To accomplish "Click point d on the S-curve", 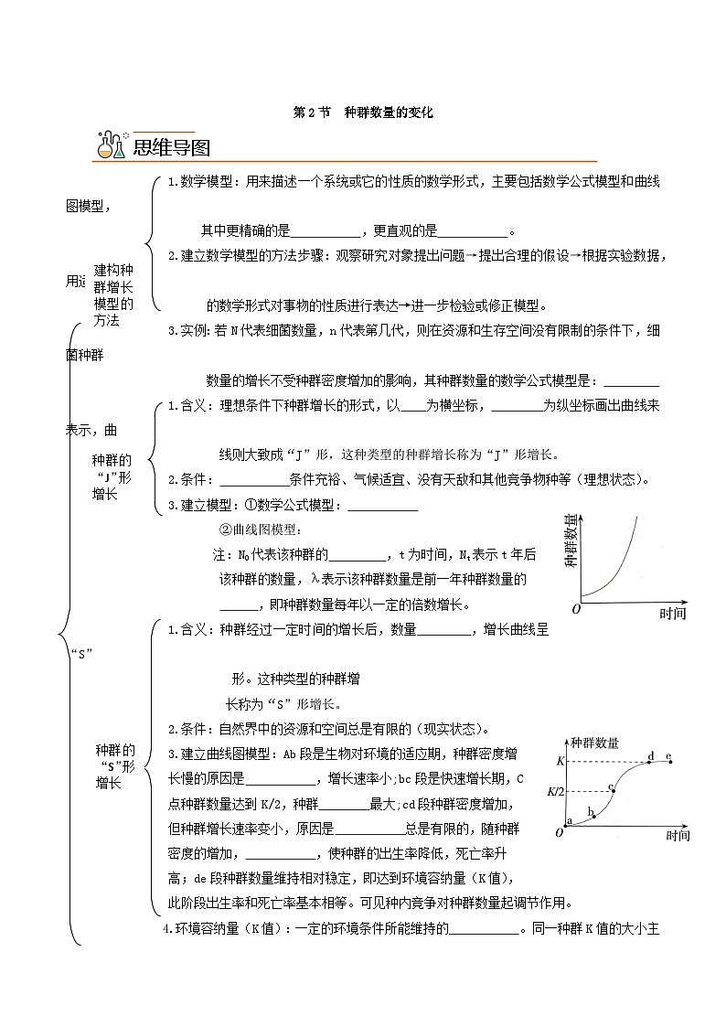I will click(x=650, y=761).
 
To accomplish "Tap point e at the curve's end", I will click(x=670, y=761).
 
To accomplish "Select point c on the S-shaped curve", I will click(x=614, y=792).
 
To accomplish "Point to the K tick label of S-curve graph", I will click(x=561, y=761).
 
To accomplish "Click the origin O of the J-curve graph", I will click(x=576, y=608).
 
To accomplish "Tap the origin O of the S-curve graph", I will click(x=560, y=832).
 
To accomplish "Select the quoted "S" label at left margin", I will click(x=82, y=652).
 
